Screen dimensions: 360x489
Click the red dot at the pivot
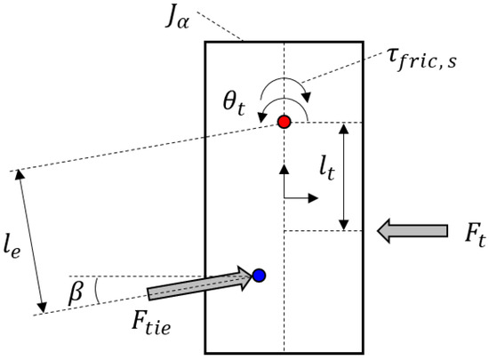pyautogui.click(x=284, y=122)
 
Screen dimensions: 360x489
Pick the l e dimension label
pyautogui.click(x=18, y=240)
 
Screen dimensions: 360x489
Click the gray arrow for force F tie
pyautogui.click(x=200, y=285)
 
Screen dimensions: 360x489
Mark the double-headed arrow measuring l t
pyautogui.click(x=345, y=175)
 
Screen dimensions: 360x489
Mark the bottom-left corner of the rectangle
pyautogui.click(x=206, y=353)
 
